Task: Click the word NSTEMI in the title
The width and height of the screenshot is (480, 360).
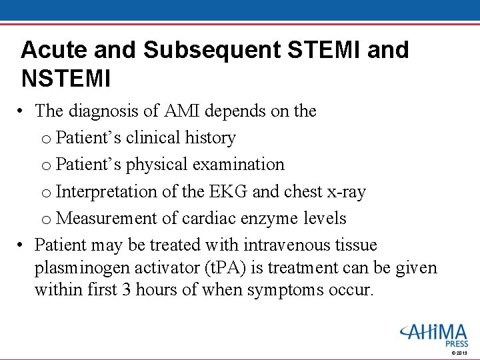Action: point(65,79)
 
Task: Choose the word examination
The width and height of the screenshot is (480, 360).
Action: point(239,165)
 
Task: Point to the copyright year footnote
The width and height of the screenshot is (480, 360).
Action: point(459,352)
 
